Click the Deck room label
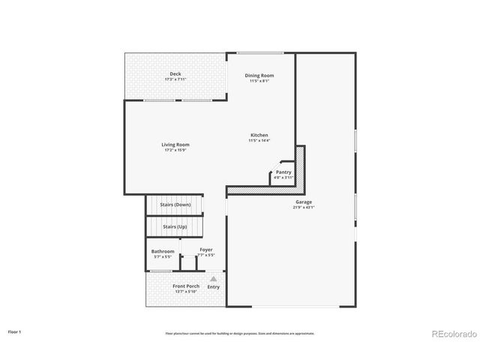coord(175,73)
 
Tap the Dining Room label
coord(259,75)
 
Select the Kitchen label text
coord(259,135)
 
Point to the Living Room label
coord(175,144)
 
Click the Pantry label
coord(283,172)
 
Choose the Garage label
coord(304,202)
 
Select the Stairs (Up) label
coord(175,226)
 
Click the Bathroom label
coord(163,251)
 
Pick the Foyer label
coord(206,249)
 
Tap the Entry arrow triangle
coord(213,278)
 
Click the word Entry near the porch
coord(214,286)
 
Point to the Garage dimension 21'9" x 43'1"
coord(304,207)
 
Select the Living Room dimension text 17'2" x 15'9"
coord(175,150)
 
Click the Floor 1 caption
coord(15,331)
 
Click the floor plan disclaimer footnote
coord(240,333)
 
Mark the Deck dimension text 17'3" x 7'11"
coord(175,79)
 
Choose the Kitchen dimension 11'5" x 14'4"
coord(259,140)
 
